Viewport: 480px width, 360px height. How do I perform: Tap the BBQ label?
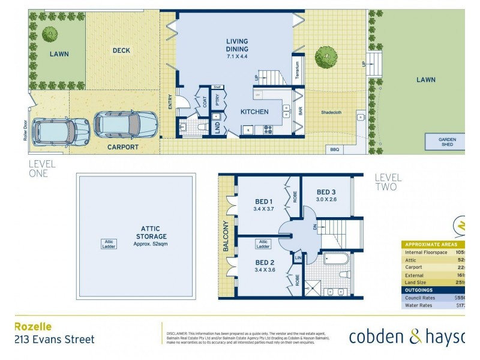[x=334, y=149]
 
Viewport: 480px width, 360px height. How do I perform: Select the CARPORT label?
[x=122, y=147]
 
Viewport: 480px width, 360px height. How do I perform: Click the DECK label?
[x=121, y=51]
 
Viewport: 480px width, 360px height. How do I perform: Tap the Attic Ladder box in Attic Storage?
[x=109, y=243]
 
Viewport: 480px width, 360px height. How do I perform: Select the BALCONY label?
[x=226, y=236]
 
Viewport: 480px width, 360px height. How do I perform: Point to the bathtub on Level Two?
[x=337, y=259]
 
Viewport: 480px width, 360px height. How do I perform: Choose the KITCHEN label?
[x=254, y=112]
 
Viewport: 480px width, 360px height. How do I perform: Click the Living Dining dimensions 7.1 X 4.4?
[x=236, y=56]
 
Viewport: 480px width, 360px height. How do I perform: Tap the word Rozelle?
[x=33, y=327]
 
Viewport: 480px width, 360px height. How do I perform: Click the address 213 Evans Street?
[x=54, y=340]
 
